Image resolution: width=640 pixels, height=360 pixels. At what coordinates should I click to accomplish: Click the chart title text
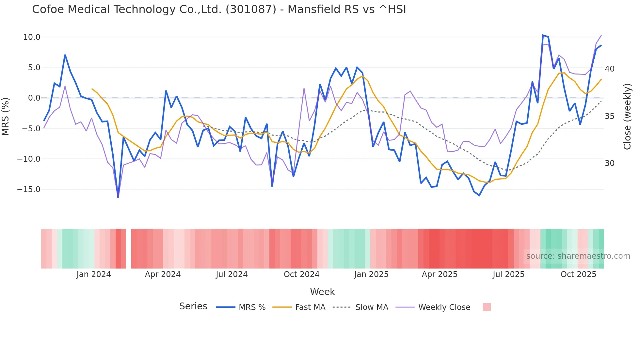tap(219, 9)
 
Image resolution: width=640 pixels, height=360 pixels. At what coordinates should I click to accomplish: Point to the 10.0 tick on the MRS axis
tap(32, 37)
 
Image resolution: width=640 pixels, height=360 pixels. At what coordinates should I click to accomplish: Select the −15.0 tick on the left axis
tap(29, 189)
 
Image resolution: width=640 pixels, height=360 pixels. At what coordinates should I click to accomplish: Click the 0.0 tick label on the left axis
tap(34, 98)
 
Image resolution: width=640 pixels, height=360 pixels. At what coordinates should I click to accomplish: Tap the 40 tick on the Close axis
tap(609, 69)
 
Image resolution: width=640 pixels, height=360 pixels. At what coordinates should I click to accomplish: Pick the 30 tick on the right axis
tap(609, 163)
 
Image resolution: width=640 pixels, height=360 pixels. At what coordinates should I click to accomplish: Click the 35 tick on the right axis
tap(609, 116)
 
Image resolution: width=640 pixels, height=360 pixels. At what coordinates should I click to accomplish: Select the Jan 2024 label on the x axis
tap(94, 274)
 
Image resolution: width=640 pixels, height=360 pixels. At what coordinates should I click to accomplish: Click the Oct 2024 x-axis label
tap(301, 274)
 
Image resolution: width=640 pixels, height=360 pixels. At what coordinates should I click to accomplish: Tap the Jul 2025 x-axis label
tap(508, 274)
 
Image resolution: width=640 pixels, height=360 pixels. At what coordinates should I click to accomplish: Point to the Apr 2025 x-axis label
tap(440, 274)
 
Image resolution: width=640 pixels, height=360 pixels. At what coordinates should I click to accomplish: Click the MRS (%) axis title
tap(6, 116)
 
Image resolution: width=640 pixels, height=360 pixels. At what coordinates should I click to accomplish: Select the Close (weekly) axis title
tap(627, 116)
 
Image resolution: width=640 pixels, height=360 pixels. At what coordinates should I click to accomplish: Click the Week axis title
tap(322, 292)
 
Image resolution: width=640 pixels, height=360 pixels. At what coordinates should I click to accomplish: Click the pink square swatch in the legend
tap(487, 307)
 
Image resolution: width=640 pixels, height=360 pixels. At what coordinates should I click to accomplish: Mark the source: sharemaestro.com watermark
tap(578, 256)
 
